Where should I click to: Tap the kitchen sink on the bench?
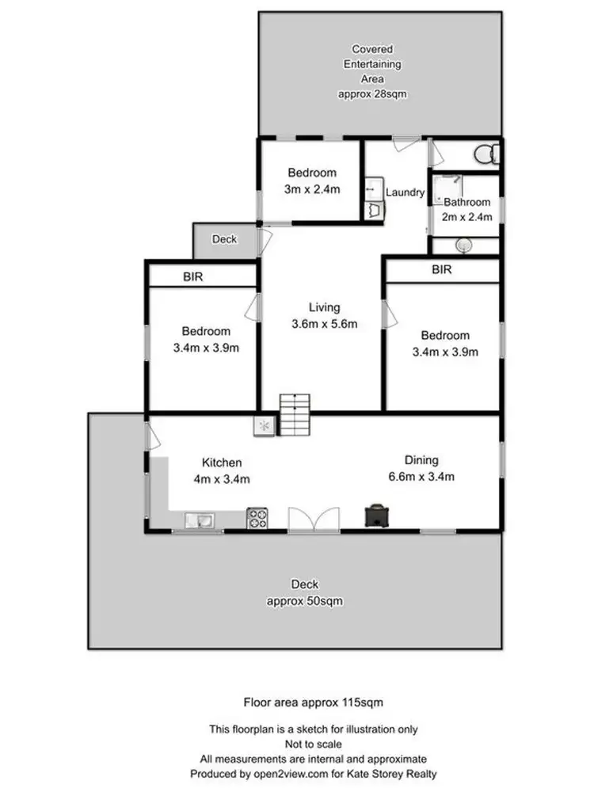point(198,520)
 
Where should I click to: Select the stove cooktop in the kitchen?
point(257,518)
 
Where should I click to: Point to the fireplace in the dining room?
point(375,516)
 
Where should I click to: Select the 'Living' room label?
point(325,307)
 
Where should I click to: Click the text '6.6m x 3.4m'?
point(421,476)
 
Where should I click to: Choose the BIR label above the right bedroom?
point(441,269)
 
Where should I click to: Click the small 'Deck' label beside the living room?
point(224,239)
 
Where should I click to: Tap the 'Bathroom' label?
point(468,202)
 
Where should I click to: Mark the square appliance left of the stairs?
point(264,426)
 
